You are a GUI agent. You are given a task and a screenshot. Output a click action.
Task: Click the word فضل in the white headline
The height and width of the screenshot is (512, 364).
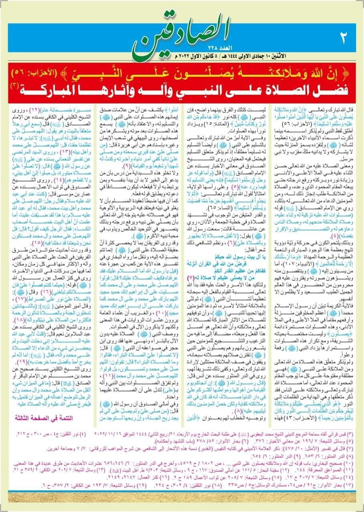tap(327, 89)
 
